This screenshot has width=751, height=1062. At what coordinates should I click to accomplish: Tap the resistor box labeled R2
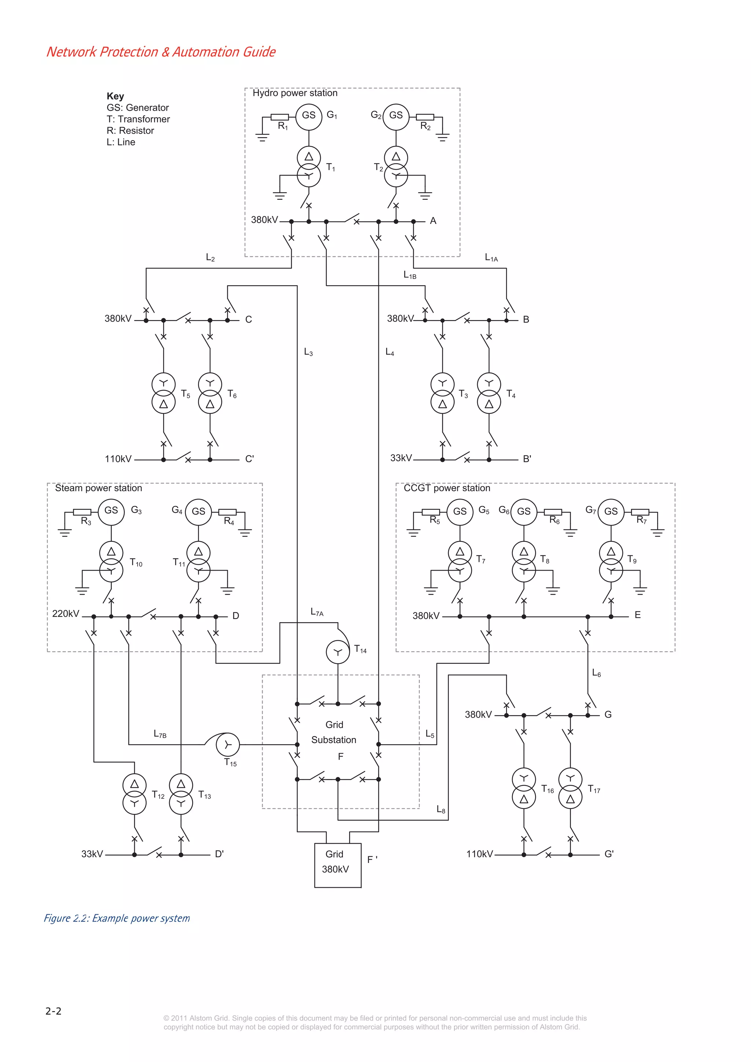[x=425, y=117]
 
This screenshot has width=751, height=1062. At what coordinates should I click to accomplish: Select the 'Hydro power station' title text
[x=295, y=93]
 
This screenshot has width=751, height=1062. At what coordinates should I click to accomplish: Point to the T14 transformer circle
[x=338, y=652]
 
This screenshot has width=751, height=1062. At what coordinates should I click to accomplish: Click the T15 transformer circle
[x=228, y=744]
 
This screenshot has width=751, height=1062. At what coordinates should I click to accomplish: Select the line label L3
[x=308, y=352]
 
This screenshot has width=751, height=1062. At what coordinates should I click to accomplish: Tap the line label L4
[x=389, y=352]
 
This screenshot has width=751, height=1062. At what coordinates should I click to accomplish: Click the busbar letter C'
[x=249, y=459]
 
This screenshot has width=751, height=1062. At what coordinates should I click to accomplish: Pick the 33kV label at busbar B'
[x=401, y=458]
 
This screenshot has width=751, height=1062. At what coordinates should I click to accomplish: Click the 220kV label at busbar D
[x=66, y=614]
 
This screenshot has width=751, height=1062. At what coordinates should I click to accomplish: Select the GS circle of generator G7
[x=611, y=512]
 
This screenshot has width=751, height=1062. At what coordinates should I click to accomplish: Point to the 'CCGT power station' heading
[x=447, y=488]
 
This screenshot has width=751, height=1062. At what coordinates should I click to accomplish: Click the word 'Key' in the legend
[x=115, y=96]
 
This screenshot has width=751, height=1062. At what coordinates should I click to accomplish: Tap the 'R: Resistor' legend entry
[x=130, y=131]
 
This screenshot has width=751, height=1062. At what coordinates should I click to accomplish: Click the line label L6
[x=597, y=673]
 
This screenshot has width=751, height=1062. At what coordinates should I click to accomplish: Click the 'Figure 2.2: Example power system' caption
[x=117, y=918]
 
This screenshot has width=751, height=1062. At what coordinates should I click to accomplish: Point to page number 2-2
[x=53, y=1011]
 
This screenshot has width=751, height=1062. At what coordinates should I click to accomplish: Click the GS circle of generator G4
[x=198, y=512]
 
